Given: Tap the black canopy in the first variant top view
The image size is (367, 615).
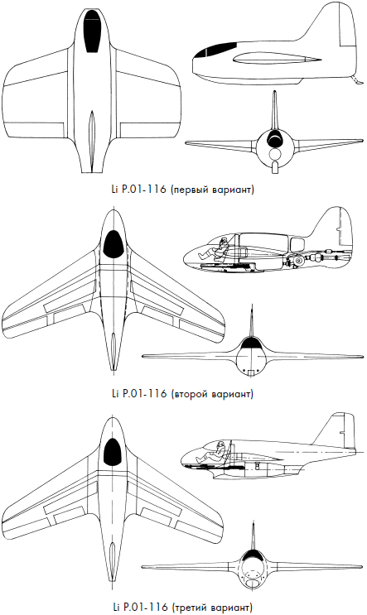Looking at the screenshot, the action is pyautogui.click(x=93, y=31).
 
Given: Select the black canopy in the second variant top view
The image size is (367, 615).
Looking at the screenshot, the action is pyautogui.click(x=113, y=244).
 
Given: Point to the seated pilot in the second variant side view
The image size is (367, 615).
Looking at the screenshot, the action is pyautogui.click(x=217, y=249).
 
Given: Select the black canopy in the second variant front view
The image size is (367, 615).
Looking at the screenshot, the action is pyautogui.click(x=253, y=344).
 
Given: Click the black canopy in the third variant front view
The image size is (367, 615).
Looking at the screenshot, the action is pyautogui.click(x=252, y=555).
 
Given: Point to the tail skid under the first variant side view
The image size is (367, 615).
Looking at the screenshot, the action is pyautogui.click(x=357, y=79).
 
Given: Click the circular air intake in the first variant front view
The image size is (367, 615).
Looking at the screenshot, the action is pyautogui.click(x=275, y=153).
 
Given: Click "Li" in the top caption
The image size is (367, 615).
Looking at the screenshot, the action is pyautogui.click(x=114, y=190).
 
